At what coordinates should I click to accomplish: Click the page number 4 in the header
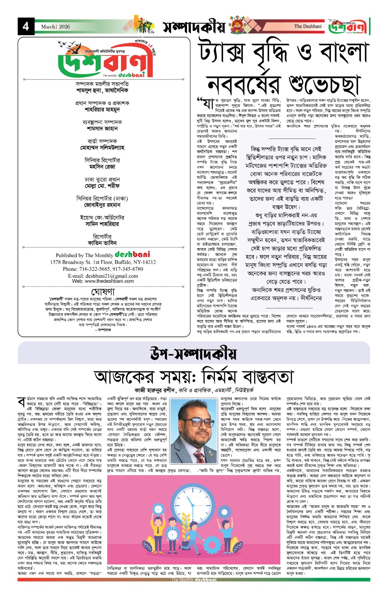[x=26, y=27]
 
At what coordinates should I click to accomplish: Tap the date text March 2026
[x=55, y=27]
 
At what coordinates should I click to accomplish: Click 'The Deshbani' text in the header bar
[x=308, y=26]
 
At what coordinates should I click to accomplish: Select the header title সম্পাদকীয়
[x=194, y=27]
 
